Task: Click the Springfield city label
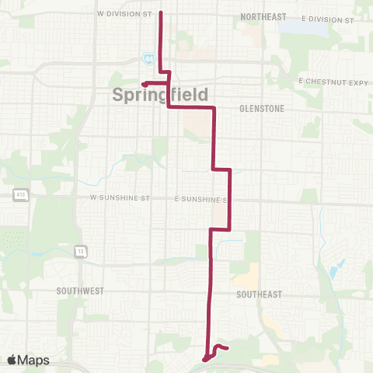(160, 96)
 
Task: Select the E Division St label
(324, 16)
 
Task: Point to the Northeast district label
(263, 16)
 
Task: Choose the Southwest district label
(80, 291)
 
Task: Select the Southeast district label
(260, 295)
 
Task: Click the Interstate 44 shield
(148, 58)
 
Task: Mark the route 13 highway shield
(80, 251)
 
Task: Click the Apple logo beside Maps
(12, 360)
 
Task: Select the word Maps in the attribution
(35, 360)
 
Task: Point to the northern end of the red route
(160, 12)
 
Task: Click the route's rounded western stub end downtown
(144, 84)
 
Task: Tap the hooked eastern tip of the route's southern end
(225, 348)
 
